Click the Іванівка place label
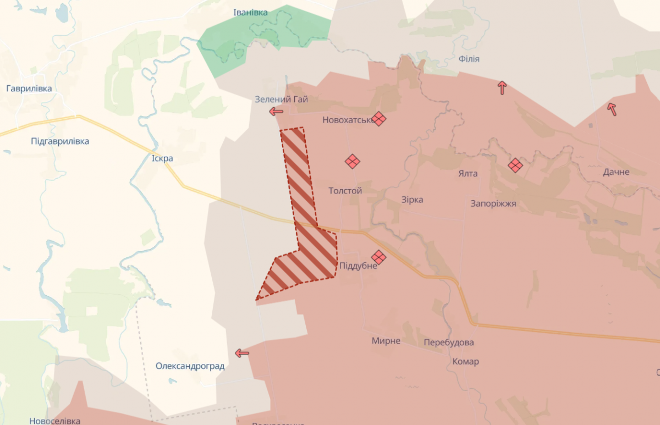(x=250, y=12)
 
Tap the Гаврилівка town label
(x=29, y=89)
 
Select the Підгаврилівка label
(x=60, y=141)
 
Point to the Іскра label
(x=162, y=158)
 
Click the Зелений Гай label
(x=281, y=100)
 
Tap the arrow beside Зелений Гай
(x=276, y=112)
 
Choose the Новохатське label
(x=348, y=119)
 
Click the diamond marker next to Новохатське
(x=378, y=118)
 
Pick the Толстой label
(x=345, y=191)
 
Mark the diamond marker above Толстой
(x=353, y=162)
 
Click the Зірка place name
(x=412, y=200)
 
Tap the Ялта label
(x=468, y=174)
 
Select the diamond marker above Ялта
(x=515, y=165)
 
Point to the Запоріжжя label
(x=493, y=203)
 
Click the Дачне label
(x=616, y=172)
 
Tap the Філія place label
(x=469, y=59)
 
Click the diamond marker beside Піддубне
(x=378, y=257)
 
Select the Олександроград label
(x=190, y=366)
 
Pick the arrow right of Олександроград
(x=242, y=353)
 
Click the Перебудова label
(x=449, y=343)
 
